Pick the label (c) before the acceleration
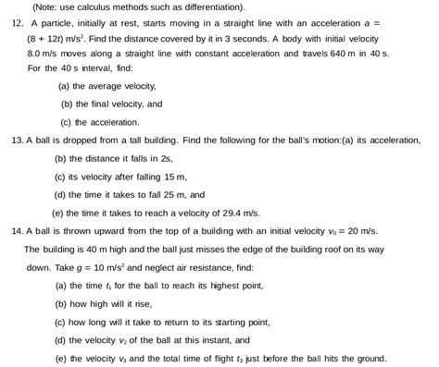tap(67, 122)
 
